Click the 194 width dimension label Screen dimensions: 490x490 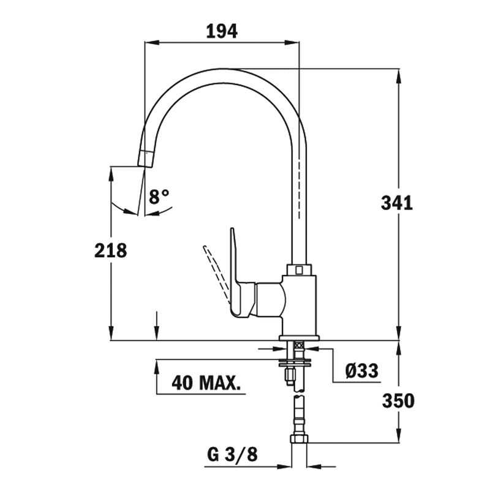pyautogui.click(x=222, y=31)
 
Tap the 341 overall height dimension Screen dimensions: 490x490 pyautogui.click(x=397, y=203)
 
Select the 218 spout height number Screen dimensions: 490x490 pyautogui.click(x=111, y=251)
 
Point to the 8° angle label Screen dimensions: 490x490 pyautogui.click(x=159, y=196)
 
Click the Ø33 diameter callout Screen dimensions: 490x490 pyautogui.click(x=362, y=371)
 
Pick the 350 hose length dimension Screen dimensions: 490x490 pyautogui.click(x=398, y=401)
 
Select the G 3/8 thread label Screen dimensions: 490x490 pyautogui.click(x=233, y=454)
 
